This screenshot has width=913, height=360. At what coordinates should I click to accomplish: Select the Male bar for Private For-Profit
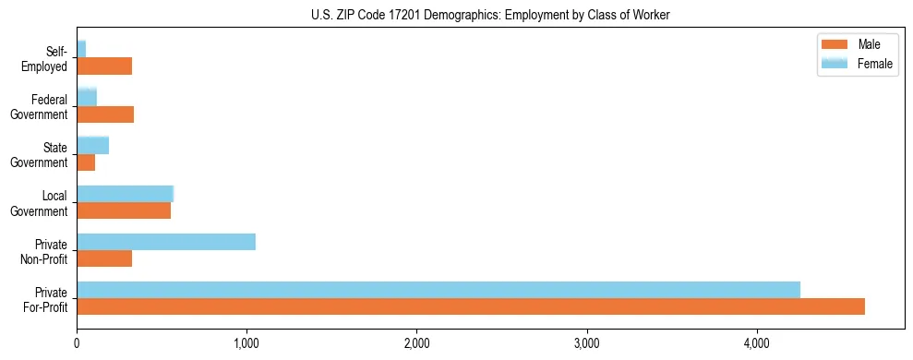point(471,306)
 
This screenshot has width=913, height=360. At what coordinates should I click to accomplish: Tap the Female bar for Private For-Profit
point(438,290)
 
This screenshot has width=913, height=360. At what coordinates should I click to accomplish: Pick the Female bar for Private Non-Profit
point(166,242)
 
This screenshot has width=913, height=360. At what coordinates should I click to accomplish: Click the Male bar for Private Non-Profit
point(104,258)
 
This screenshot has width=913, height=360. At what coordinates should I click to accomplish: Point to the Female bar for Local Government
point(125,194)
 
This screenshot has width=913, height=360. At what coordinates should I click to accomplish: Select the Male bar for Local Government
point(124,210)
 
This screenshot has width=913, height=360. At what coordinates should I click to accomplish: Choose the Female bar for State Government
point(92,145)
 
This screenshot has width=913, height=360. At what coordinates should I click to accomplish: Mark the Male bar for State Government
point(86,162)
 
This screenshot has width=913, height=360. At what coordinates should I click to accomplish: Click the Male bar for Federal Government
point(105,114)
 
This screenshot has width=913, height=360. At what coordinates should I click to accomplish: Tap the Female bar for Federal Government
point(87,97)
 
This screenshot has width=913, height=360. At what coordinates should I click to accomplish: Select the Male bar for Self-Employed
point(104,66)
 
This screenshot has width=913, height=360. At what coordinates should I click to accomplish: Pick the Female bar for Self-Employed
point(81,49)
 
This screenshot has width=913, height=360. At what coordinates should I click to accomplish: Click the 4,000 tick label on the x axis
point(757,343)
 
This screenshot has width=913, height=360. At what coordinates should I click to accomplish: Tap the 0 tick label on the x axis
point(77,343)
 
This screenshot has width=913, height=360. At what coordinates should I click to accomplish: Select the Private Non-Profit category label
point(51,251)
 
